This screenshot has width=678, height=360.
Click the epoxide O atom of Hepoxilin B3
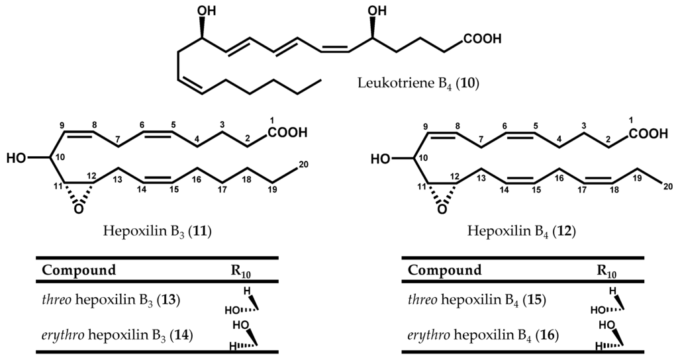pyautogui.click(x=79, y=208)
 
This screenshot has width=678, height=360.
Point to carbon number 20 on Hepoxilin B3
pyautogui.click(x=303, y=165)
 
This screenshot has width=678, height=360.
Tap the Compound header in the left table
pyautogui.click(x=79, y=270)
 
